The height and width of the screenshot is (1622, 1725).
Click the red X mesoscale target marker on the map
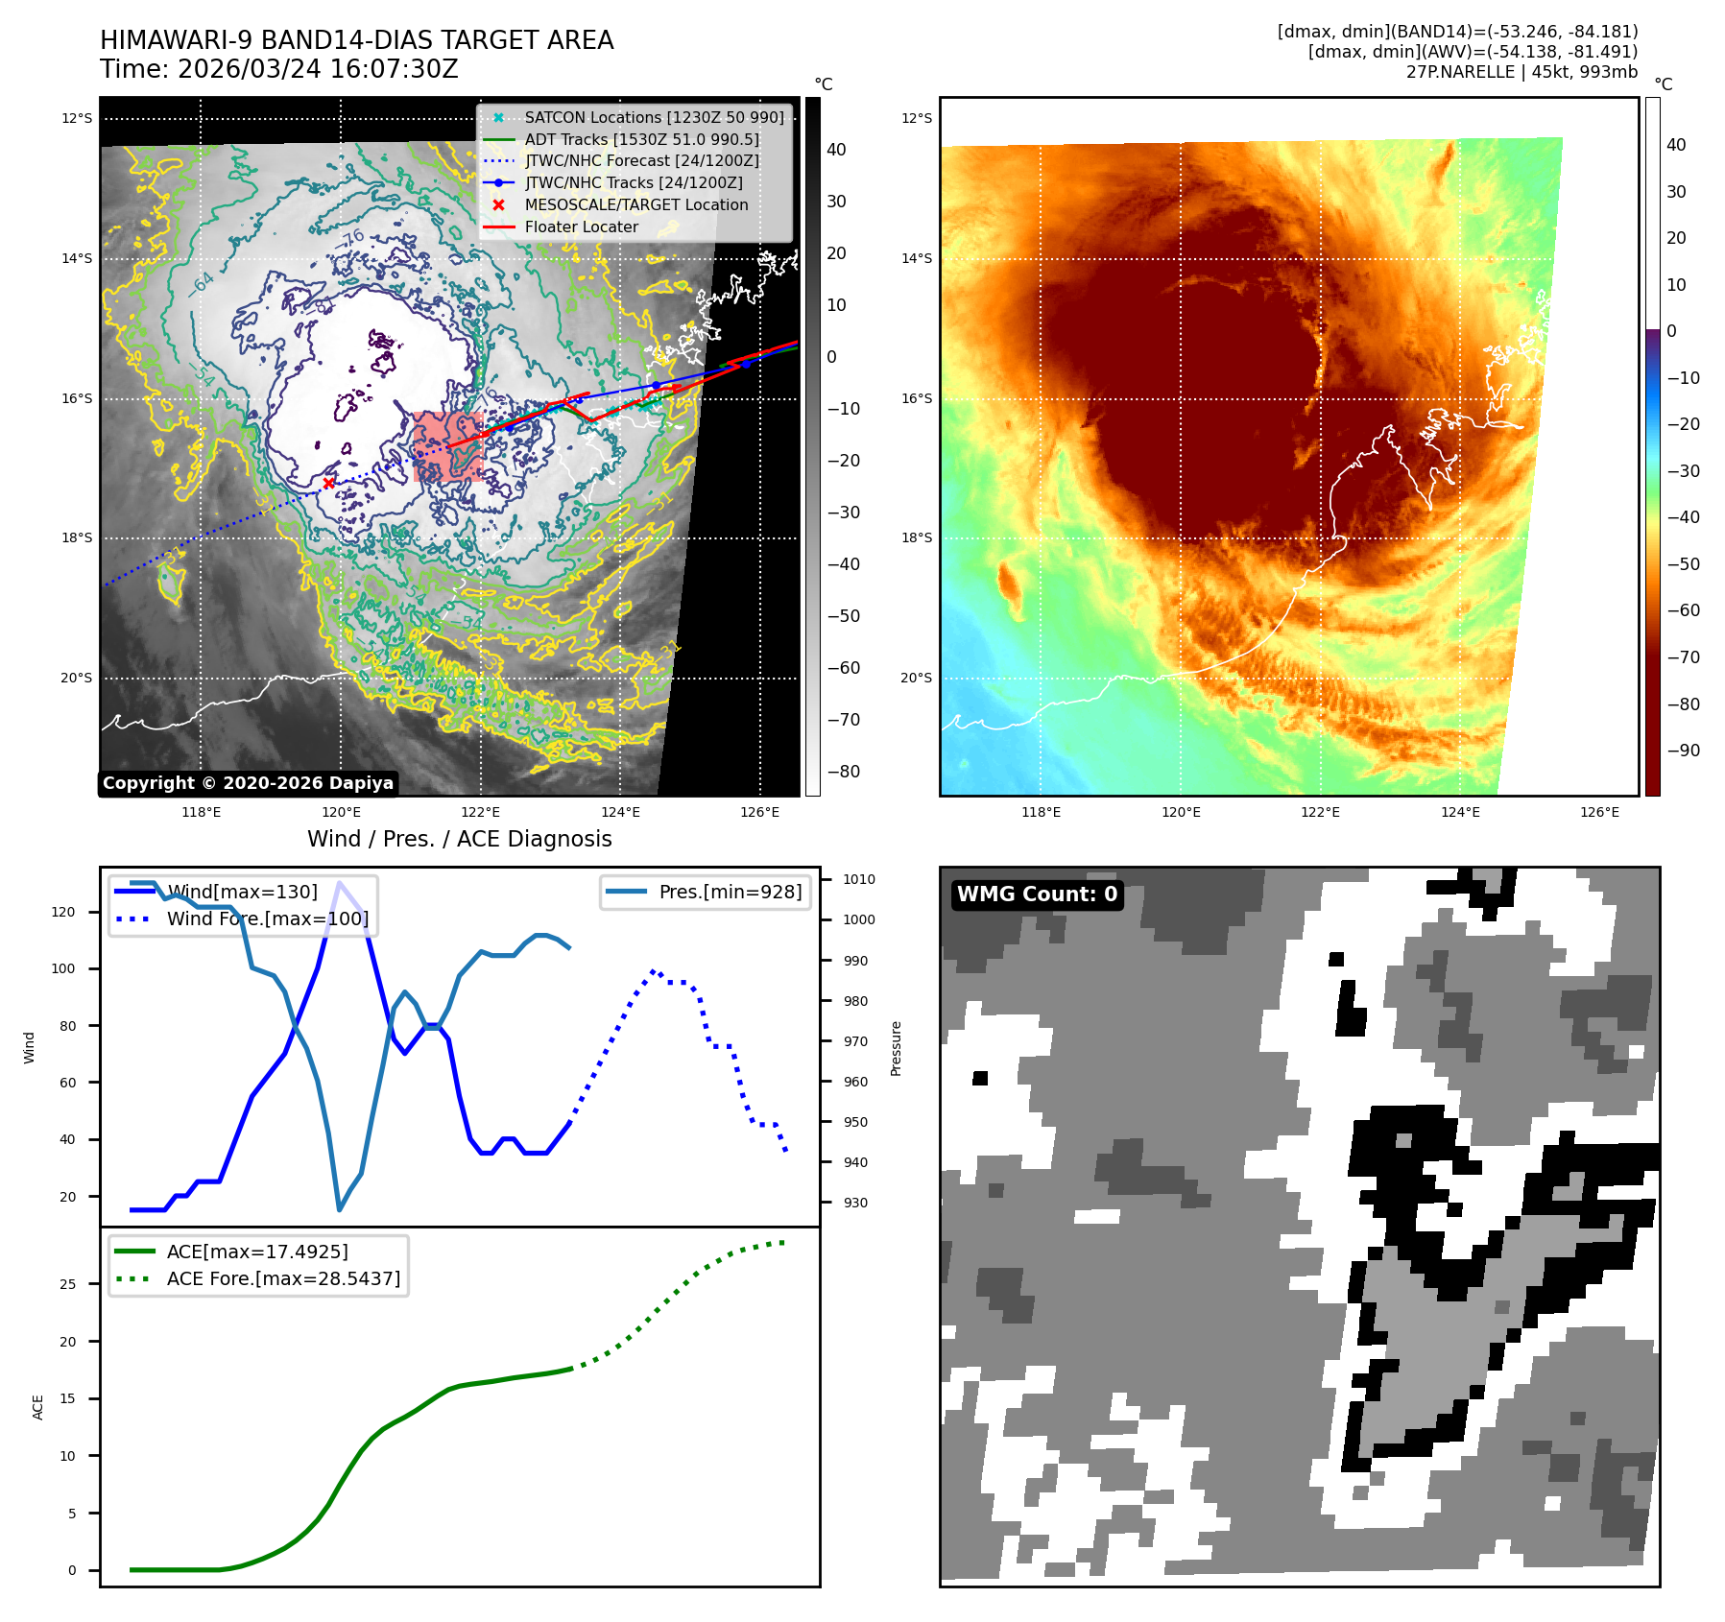[329, 483]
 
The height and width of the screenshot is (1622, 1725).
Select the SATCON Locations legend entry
[654, 117]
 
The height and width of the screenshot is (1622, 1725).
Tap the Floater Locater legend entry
[581, 227]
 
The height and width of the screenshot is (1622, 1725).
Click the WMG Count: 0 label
[1037, 894]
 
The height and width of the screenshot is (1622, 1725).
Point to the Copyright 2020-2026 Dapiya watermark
[248, 783]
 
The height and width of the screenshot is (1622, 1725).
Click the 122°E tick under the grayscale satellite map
[480, 813]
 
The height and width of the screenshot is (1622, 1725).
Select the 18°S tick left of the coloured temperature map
[916, 537]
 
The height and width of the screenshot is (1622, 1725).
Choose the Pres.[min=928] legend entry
[730, 892]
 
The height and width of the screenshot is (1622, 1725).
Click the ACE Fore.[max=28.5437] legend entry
[283, 1278]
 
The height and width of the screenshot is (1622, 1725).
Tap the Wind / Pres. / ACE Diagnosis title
[459, 839]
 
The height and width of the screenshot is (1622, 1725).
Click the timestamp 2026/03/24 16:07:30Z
[318, 69]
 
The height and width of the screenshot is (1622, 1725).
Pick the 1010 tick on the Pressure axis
[858, 879]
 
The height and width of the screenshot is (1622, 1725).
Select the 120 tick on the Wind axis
[63, 912]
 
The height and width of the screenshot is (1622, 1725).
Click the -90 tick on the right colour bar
[1683, 751]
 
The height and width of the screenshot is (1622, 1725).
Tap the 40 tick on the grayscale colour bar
[836, 150]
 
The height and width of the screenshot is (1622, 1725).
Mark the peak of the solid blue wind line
[339, 882]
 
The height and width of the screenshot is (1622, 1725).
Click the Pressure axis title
[896, 1048]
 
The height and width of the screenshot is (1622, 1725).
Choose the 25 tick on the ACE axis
[67, 1284]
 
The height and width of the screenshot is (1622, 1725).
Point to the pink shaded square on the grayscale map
[447, 445]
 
